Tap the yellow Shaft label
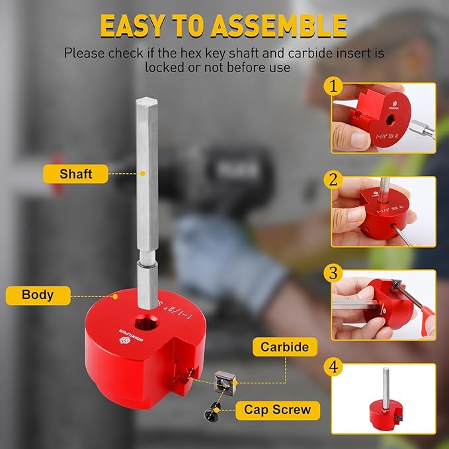point(75,174)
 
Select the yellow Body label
point(38,295)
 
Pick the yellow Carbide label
point(284,347)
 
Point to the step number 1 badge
point(334,86)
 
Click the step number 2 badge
point(334,180)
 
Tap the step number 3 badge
point(334,273)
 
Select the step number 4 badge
point(334,367)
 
